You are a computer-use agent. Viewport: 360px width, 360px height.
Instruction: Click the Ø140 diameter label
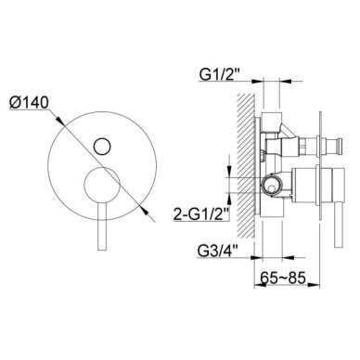coord(29,103)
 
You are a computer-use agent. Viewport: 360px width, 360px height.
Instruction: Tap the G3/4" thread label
coord(220,251)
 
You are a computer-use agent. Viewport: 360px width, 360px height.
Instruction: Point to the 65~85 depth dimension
coord(283,277)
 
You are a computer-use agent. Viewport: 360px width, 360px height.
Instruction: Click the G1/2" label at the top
coord(220,74)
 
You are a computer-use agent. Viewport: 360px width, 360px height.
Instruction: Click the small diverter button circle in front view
coord(102,146)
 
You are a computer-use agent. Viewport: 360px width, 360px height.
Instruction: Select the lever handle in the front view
coord(102,226)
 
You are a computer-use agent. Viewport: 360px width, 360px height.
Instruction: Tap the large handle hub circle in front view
coord(102,185)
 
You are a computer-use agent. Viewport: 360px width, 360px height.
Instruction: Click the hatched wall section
coord(245,166)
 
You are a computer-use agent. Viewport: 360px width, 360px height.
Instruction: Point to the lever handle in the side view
coord(339,225)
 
